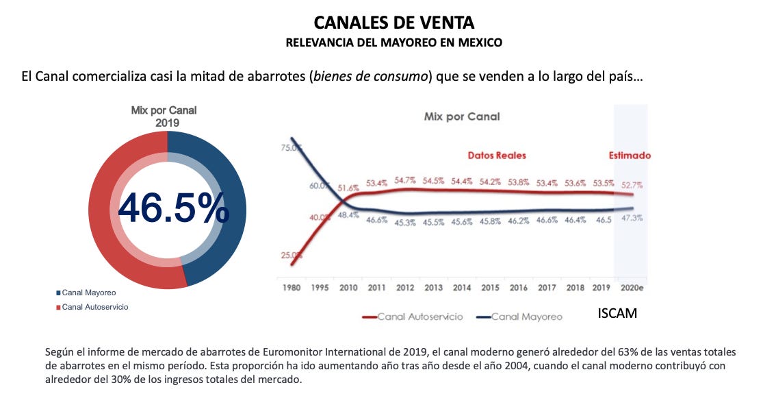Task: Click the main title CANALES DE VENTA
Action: (393, 23)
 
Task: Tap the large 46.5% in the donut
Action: (173, 208)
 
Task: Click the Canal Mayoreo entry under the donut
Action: (88, 293)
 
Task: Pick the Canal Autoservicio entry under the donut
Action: (94, 307)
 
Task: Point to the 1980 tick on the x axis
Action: (292, 288)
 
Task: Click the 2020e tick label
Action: (630, 288)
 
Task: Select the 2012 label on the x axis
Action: (405, 288)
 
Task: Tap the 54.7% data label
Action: (405, 181)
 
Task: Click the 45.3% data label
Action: (405, 222)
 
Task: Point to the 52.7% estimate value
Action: (631, 186)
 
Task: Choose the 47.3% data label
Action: (631, 218)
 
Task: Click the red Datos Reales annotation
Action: (497, 156)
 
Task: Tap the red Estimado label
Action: (630, 156)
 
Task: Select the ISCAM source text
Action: (617, 314)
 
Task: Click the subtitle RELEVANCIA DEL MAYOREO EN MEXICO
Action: (393, 42)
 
